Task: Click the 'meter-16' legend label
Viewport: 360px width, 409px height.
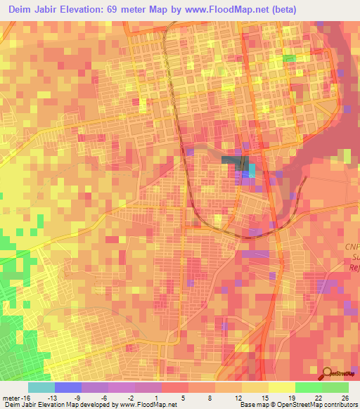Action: tap(15, 398)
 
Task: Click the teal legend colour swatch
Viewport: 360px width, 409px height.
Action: tap(41, 387)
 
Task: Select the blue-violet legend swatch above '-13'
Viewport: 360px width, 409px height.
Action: tap(68, 387)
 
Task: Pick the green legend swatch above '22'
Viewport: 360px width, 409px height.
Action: tap(308, 387)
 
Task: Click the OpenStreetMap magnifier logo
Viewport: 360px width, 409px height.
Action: tap(327, 373)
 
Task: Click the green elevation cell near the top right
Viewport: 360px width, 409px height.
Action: tap(290, 58)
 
